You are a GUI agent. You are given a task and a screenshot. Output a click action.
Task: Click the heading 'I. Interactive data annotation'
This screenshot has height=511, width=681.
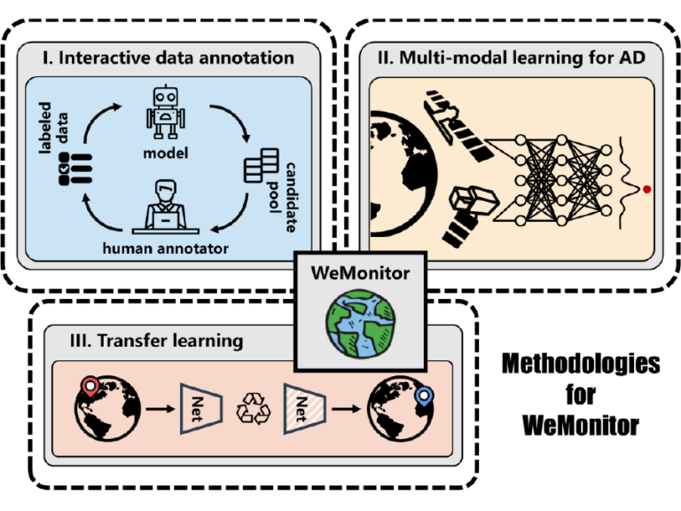coord(168,59)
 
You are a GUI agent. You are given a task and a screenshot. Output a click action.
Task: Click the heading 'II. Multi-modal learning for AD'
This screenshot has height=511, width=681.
coord(512,59)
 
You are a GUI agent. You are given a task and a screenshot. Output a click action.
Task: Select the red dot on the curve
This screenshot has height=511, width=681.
coord(648,189)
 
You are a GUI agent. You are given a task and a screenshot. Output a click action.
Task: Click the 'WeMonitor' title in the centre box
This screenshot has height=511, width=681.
coord(361,273)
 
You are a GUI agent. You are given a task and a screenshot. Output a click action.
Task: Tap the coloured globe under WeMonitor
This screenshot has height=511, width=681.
coord(361,325)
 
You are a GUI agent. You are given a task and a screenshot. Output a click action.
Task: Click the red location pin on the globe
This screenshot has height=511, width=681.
coord(90,387)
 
